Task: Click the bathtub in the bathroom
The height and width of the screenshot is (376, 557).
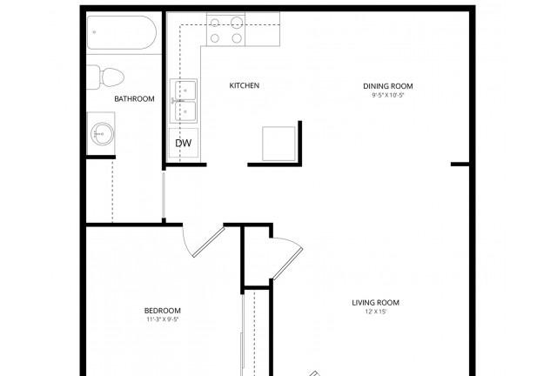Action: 121,36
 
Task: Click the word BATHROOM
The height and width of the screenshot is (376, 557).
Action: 134,99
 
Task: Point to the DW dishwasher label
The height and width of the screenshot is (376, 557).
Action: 184,143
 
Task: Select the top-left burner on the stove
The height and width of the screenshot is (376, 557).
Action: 215,23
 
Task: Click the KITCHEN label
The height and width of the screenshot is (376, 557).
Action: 245,85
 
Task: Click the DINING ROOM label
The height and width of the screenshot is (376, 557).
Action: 387,85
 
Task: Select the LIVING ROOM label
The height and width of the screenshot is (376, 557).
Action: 375,303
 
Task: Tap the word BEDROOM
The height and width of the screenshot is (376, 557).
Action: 162,311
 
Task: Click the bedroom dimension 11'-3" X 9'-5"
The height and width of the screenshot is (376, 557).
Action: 162,319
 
